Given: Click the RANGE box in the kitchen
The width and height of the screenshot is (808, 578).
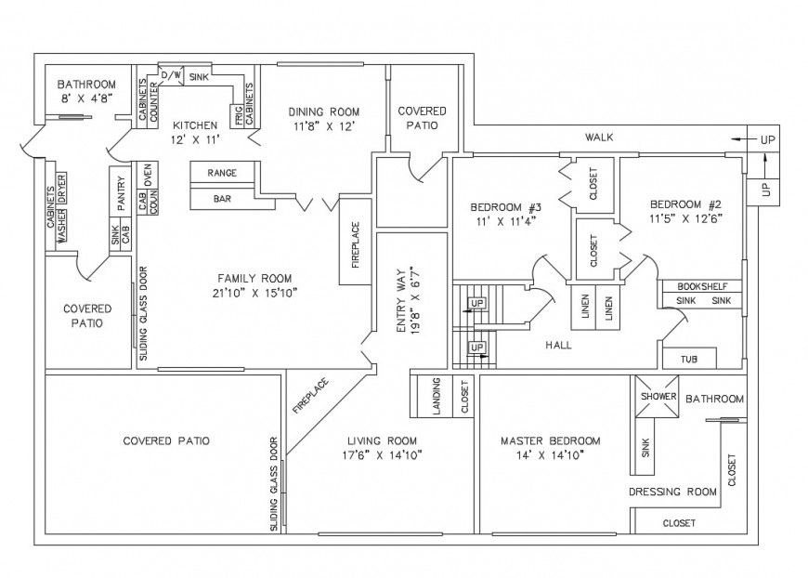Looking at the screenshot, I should pos(222,173).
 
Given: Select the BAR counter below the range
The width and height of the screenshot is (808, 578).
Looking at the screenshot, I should pos(222,198).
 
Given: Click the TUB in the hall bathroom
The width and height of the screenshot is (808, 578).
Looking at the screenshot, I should pos(688,359).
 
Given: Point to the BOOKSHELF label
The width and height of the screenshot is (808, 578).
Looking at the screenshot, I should pos(702,286).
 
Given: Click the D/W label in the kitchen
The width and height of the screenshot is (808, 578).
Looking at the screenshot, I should pos(172,74).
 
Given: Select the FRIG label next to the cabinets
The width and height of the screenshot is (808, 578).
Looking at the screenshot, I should pos(239,116).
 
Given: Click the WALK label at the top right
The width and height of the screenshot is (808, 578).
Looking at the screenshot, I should pos(598,138).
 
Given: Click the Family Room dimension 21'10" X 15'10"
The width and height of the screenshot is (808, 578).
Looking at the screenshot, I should pos(254,293).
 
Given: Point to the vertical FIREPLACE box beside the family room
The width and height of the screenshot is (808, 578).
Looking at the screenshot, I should pos(355,245).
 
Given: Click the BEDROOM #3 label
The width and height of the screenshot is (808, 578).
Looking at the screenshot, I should pos(505,205).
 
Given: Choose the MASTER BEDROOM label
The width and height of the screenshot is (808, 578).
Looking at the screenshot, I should pos(550,440).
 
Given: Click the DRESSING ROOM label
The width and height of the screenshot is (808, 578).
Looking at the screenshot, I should pos(672,492).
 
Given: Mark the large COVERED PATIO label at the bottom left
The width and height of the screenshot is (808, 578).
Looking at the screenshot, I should pos(166,440).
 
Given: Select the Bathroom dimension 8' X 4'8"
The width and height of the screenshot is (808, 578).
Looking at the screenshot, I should pos(86,97).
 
